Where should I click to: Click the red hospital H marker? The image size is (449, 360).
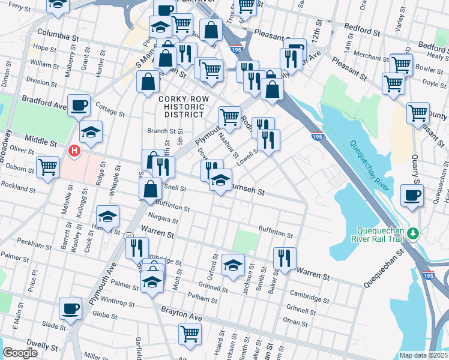point(74,151)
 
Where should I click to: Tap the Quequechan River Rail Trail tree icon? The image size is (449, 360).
point(412,232)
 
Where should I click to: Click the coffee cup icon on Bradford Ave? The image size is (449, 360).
point(79,106)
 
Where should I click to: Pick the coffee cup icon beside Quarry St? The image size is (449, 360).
point(412,195)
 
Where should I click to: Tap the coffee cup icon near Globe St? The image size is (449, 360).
point(70,308)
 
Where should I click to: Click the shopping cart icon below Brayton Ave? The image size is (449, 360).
point(190,333)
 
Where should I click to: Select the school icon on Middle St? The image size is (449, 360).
point(91,132)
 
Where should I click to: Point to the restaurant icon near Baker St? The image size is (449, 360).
point(285,257)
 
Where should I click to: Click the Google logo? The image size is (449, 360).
point(20,353)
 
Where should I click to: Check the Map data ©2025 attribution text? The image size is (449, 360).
point(423,355)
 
